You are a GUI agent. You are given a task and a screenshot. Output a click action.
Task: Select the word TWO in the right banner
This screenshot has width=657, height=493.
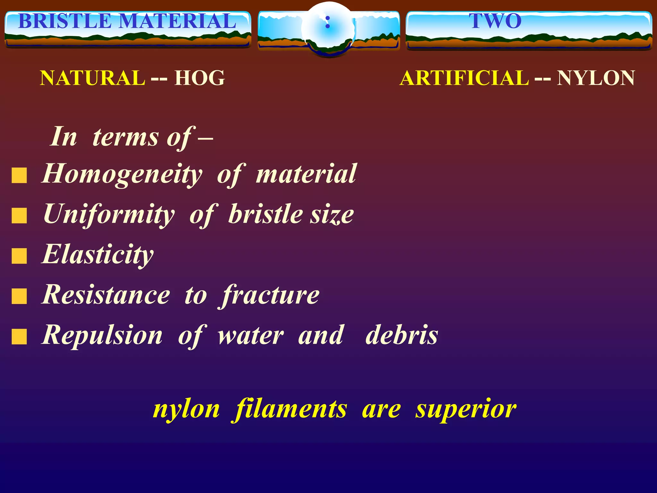[x=495, y=21]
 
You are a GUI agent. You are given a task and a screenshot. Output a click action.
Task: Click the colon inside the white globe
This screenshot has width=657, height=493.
[x=328, y=22]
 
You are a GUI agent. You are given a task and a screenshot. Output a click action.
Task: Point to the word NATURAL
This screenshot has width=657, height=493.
[x=92, y=78]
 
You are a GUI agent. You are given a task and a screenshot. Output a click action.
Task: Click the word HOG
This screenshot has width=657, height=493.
[x=200, y=78]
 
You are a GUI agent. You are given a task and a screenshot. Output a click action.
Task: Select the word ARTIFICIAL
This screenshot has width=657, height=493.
[x=464, y=78]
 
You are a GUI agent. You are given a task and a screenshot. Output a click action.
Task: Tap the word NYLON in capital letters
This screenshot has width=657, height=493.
[x=596, y=78]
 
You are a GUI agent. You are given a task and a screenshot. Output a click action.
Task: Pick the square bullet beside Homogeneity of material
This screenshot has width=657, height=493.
[x=19, y=176]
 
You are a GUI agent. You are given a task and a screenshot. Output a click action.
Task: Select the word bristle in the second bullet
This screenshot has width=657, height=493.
[x=265, y=214]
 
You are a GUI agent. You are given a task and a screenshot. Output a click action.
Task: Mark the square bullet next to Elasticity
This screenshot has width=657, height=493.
[x=19, y=256]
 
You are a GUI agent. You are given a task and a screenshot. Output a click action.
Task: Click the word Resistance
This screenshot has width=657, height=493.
[x=106, y=295]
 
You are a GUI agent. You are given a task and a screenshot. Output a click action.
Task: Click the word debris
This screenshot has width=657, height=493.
[x=402, y=335]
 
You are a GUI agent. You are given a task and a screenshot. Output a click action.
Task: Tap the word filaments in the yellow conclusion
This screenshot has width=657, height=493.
[x=290, y=409]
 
